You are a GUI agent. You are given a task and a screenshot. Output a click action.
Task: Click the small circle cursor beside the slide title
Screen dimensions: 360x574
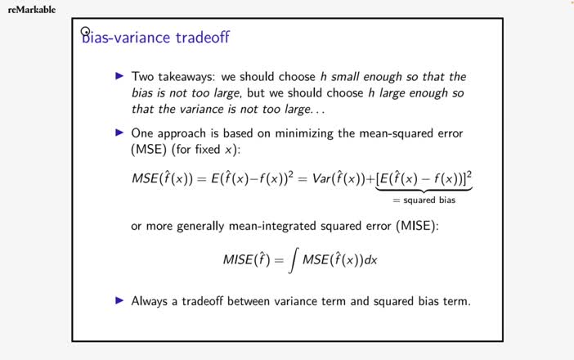85,32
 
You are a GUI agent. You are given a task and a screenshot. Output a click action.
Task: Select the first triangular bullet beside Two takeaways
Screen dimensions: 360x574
120,76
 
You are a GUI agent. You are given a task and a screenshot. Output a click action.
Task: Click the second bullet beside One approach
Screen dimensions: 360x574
120,132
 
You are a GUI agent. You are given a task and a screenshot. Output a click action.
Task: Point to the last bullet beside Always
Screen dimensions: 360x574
120,300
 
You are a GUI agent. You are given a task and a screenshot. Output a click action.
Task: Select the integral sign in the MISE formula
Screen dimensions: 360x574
291,260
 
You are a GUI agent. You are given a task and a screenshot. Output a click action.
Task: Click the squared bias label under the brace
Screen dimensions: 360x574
424,200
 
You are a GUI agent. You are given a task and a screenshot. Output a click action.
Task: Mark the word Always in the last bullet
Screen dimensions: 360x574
151,300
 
